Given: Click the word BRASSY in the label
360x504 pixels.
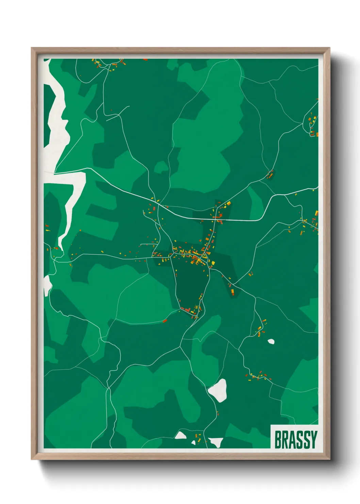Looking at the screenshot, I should coord(295,440).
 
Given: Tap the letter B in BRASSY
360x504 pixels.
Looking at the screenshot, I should coord(278,440).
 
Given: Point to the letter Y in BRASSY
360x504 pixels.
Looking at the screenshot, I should coord(313,440).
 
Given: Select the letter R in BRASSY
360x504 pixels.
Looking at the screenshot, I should coord(285,440).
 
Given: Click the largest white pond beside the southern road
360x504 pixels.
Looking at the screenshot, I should coord(218,390).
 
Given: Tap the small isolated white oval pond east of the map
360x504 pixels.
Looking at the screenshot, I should coord(271,341).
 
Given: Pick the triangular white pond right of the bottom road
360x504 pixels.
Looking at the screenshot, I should coord(216,442).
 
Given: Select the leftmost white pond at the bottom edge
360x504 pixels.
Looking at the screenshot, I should coord(180,435).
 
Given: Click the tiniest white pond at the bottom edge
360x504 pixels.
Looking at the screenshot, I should coord(194,442).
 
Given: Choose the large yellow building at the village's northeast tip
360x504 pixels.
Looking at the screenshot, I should coord(228,204).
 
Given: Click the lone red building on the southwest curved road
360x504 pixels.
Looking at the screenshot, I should coord(165,320).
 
